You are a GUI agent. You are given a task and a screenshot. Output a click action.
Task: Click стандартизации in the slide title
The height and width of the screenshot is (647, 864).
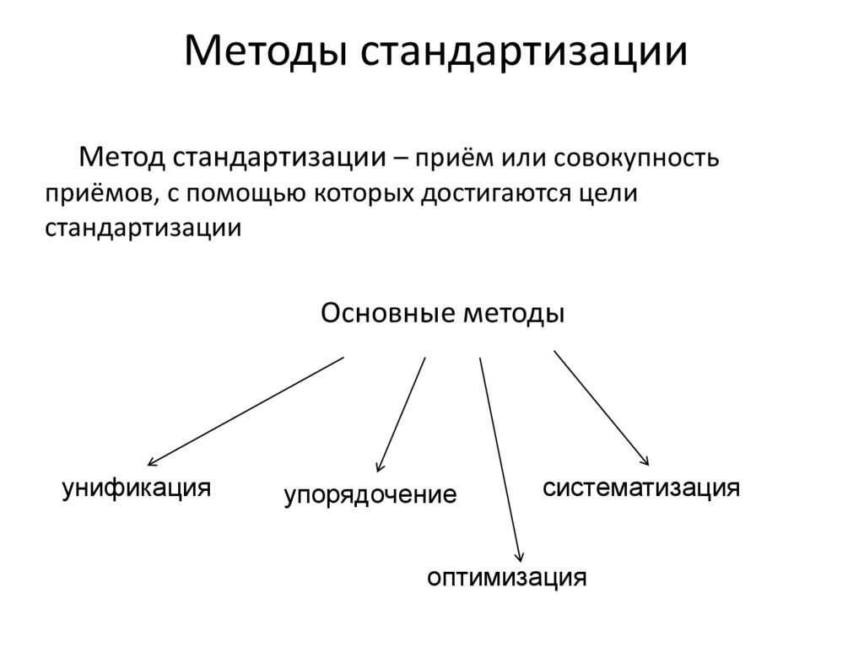pos(524,52)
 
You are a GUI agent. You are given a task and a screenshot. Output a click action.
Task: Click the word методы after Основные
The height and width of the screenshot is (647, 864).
pos(513,315)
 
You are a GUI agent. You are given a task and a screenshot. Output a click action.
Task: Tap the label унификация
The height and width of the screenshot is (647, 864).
pos(136,488)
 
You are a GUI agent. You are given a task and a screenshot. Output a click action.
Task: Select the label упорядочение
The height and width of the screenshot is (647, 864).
pos(370,494)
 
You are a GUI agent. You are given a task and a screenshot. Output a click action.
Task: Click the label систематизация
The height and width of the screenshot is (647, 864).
pos(641,488)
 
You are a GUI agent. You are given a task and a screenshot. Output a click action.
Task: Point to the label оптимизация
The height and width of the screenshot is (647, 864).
pos(505,578)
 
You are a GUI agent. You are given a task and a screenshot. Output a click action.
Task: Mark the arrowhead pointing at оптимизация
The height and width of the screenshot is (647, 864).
pos(520,557)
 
